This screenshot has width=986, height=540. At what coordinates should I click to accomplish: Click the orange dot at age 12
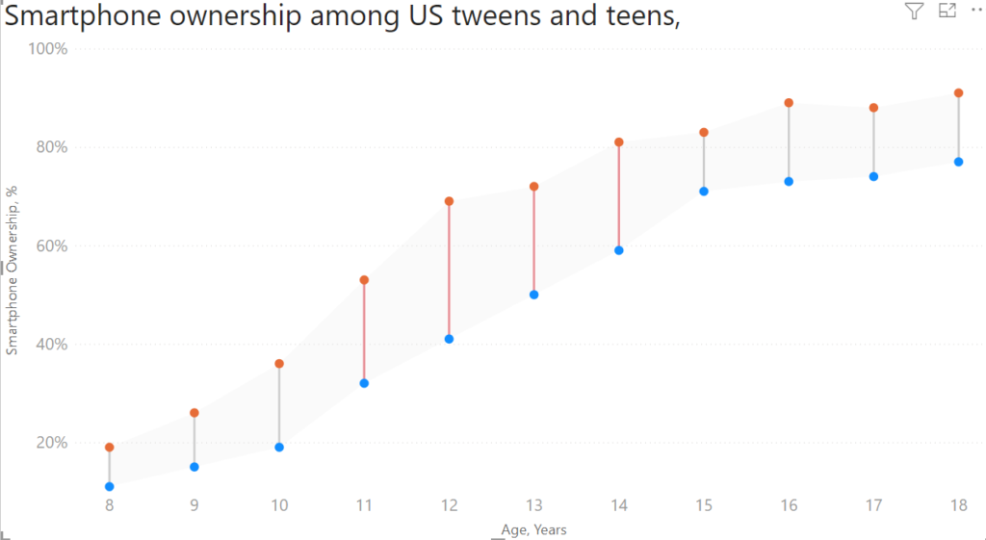click(x=449, y=201)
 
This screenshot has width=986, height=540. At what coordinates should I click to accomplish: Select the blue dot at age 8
click(x=110, y=487)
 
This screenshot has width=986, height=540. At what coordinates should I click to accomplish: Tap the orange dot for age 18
click(x=958, y=93)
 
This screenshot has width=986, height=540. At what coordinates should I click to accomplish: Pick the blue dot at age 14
click(x=619, y=250)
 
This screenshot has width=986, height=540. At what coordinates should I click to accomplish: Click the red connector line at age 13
click(x=533, y=241)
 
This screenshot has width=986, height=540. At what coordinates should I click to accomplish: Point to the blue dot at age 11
click(x=364, y=383)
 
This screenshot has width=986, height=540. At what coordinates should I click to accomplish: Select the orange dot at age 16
click(x=789, y=103)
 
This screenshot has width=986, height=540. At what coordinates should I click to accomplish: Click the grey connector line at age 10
click(x=279, y=405)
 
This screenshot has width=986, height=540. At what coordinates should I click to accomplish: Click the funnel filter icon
click(x=914, y=11)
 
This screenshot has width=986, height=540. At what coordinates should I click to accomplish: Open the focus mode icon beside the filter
click(x=947, y=11)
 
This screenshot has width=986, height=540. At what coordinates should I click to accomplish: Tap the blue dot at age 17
click(x=873, y=176)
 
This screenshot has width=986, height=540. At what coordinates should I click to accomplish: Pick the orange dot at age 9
click(x=195, y=413)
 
